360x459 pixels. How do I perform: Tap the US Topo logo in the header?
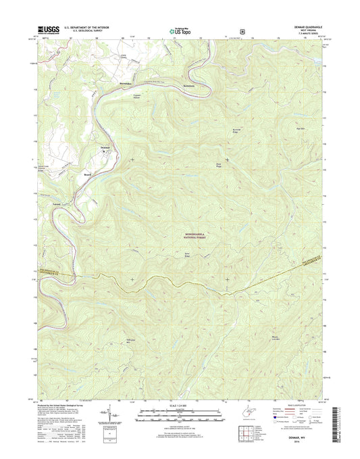coord(180,30)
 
